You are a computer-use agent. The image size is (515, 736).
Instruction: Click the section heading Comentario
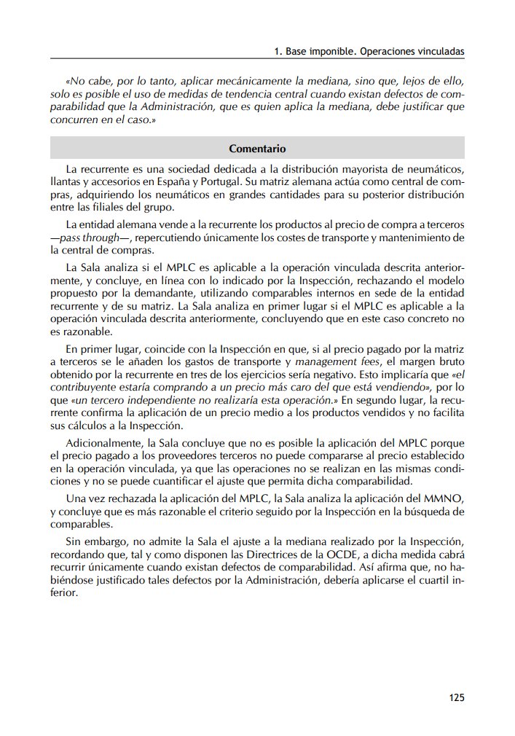pyautogui.click(x=257, y=149)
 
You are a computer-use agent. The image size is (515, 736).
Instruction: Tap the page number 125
pyautogui.click(x=457, y=697)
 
